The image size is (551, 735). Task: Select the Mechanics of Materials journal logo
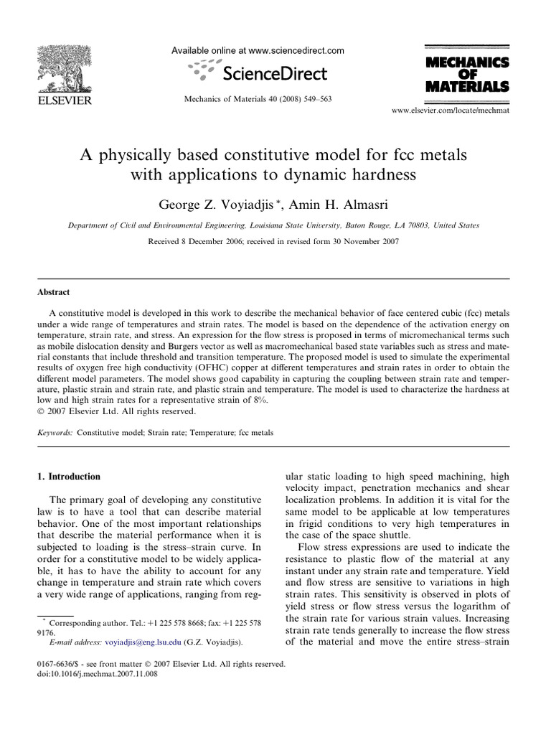coord(467,75)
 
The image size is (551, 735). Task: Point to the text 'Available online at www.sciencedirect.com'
coord(258,51)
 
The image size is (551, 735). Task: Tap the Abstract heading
coord(52,292)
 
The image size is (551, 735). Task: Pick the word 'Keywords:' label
coord(55,434)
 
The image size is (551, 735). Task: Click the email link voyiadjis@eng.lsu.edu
coord(143,642)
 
